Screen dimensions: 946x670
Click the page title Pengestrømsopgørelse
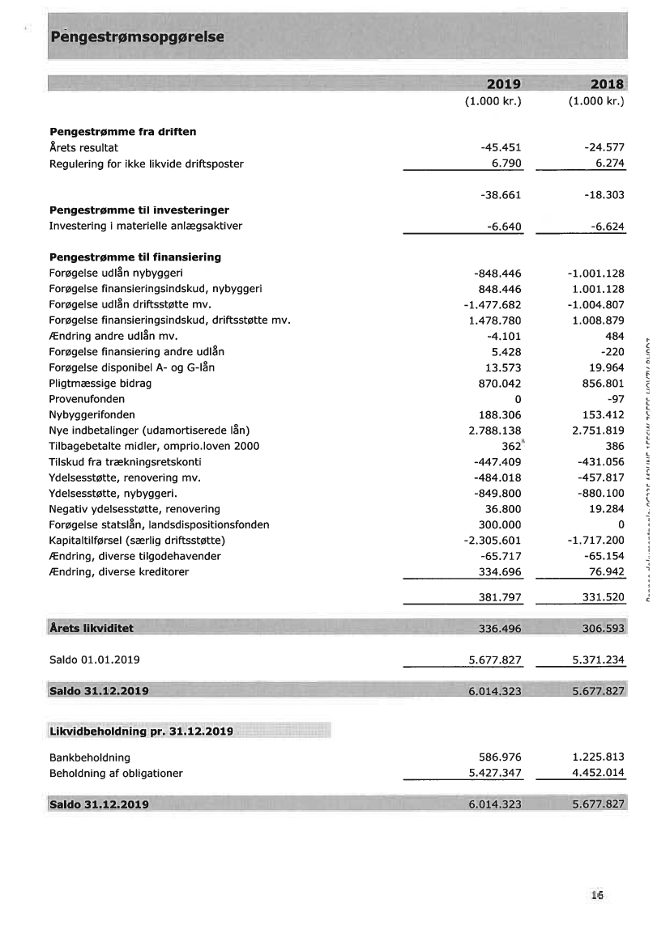tap(137, 37)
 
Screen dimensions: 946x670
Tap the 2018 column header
tap(607, 84)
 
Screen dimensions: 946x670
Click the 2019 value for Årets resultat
tap(501, 147)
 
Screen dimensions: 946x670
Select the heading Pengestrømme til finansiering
tap(135, 257)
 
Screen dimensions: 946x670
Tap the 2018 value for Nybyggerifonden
tap(600, 415)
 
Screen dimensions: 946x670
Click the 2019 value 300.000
tap(498, 524)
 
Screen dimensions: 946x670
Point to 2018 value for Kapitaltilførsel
tap(596, 541)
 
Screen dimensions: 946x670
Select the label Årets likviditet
tap(92, 628)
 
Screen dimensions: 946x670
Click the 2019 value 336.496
tap(498, 629)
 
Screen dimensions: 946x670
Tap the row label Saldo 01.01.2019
tap(95, 660)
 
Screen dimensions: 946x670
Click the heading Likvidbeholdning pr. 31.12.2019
tap(142, 732)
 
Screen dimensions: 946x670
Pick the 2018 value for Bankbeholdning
tap(599, 757)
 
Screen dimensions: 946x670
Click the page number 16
tap(598, 895)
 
